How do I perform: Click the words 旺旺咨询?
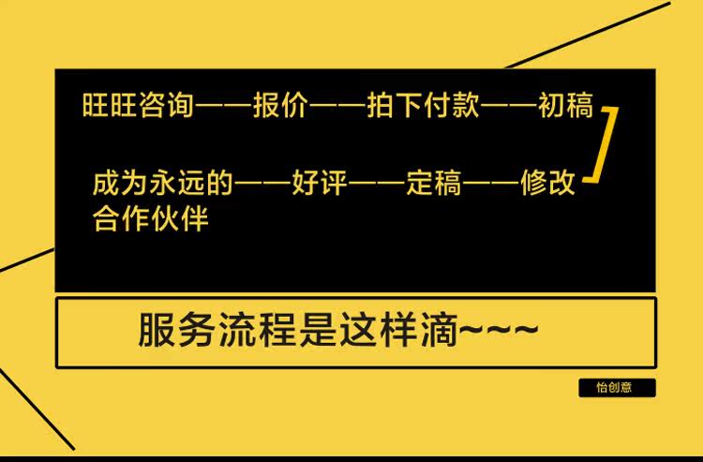pos(138,106)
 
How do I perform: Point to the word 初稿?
pos(566,106)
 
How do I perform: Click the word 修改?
pos(548,184)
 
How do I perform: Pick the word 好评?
pos(320,184)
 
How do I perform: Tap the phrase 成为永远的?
pos(163,184)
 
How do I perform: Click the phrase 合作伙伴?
pos(150,220)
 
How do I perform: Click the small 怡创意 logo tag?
pos(617,387)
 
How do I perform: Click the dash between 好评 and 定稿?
pos(377,185)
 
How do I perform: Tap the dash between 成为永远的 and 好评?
pos(262,185)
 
